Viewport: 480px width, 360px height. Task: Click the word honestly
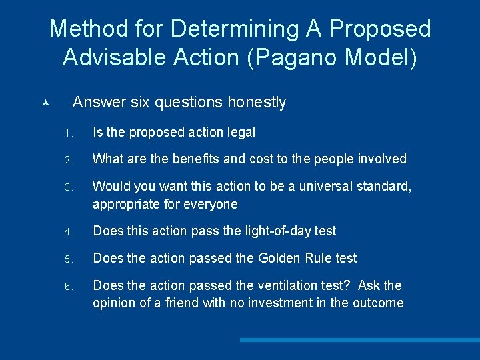tap(257, 102)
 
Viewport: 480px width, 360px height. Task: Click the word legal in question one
tap(241, 132)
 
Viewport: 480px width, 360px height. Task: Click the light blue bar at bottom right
tap(359, 339)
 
